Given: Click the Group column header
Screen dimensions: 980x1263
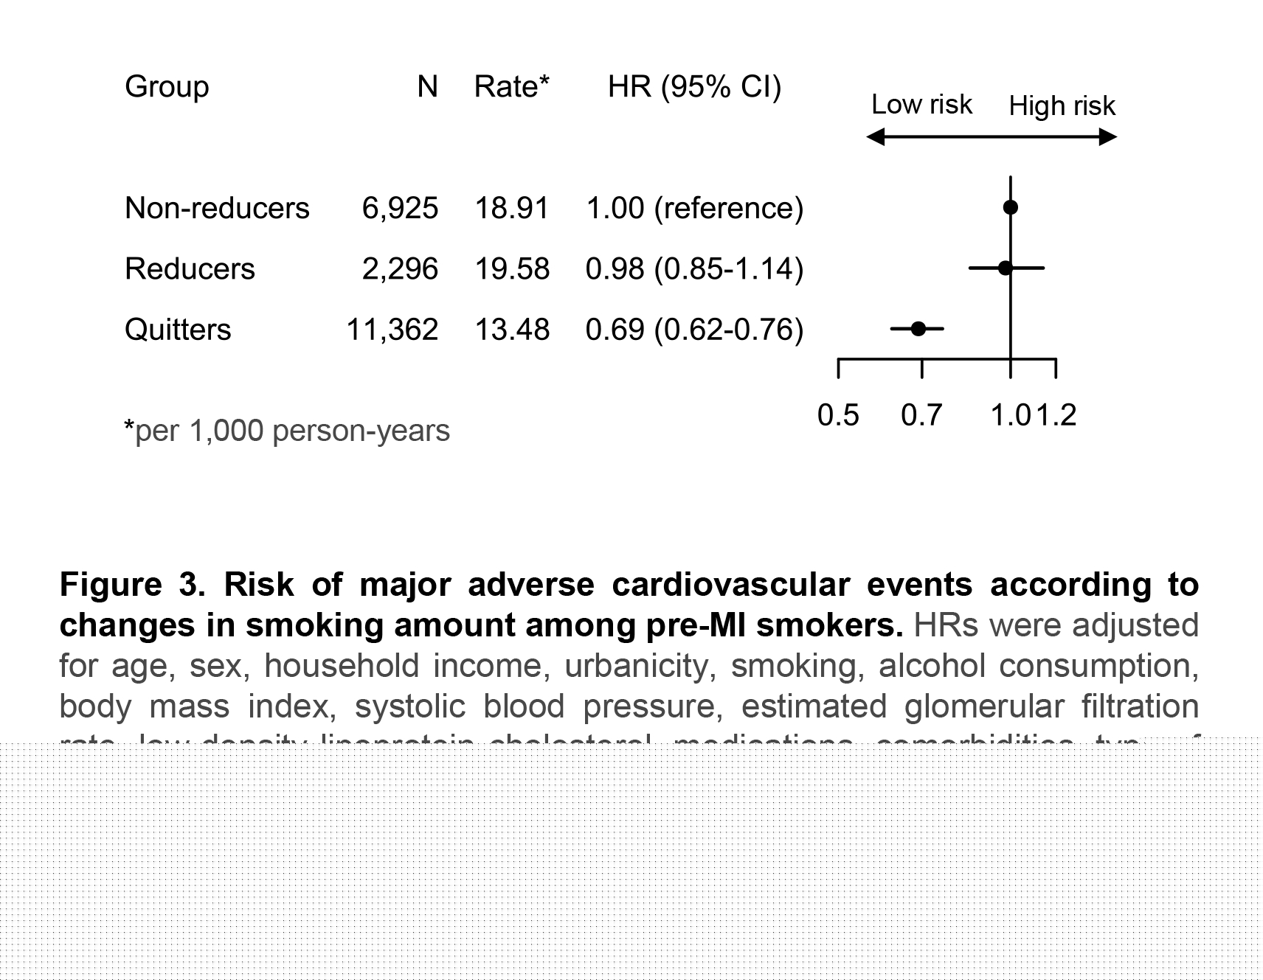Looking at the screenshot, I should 167,87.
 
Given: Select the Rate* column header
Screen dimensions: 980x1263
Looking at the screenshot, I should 511,87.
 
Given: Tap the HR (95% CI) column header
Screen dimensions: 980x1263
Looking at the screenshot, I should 694,87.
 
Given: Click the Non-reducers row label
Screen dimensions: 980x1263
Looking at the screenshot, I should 217,208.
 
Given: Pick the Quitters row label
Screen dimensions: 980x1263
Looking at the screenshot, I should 178,329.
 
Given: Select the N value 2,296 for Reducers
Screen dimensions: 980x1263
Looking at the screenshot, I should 400,268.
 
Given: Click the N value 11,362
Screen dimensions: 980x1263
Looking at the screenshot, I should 392,329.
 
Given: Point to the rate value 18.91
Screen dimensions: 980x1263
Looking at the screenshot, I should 511,208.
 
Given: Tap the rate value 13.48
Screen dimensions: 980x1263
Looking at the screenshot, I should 511,329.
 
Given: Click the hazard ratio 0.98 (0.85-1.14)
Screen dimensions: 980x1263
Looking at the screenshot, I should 694,268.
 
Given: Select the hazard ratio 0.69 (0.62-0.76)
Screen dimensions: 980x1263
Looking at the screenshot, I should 694,329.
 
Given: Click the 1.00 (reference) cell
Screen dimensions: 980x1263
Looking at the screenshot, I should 694,208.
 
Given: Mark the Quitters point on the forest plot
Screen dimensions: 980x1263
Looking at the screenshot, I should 918,328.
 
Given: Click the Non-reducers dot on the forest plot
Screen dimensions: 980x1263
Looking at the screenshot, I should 1011,207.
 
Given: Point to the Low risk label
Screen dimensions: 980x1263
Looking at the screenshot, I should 921,105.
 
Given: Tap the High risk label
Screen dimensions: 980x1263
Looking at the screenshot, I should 1062,106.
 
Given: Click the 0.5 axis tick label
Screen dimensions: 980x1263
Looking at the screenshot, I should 838,416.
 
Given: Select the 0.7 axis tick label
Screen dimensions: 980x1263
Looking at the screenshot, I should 921,416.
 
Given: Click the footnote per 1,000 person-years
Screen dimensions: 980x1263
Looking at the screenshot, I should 288,431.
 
